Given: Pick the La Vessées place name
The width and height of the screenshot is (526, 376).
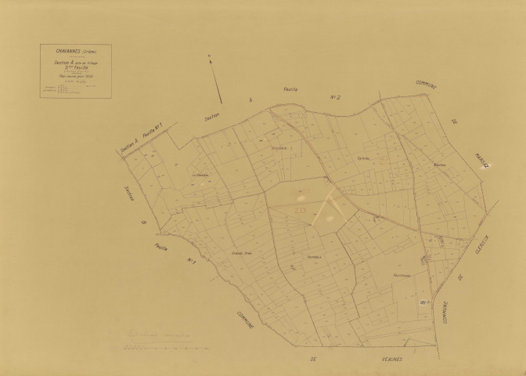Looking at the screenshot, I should (x=202, y=175).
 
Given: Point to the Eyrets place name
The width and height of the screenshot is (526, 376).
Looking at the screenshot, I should (x=362, y=159).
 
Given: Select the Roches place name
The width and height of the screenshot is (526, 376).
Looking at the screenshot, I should (x=438, y=165).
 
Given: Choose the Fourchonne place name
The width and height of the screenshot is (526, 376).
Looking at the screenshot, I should (x=402, y=275).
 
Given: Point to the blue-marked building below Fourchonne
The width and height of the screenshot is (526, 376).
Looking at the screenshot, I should (x=423, y=302).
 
